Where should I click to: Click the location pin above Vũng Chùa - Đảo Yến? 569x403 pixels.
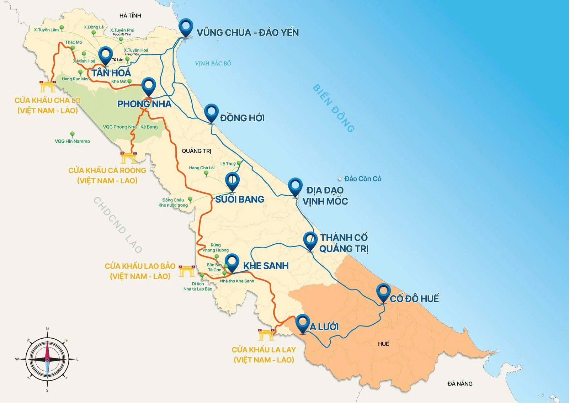(185, 27)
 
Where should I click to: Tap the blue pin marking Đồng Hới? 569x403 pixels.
(211, 112)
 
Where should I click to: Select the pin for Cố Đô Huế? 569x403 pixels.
(383, 292)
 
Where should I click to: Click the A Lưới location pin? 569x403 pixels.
(302, 323)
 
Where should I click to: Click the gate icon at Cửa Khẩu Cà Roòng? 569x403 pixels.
(128, 157)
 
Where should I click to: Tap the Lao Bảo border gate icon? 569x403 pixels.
(187, 271)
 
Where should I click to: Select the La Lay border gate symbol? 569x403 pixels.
(266, 335)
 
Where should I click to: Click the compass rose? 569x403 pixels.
(47, 359)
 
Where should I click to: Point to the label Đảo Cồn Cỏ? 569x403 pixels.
(362, 179)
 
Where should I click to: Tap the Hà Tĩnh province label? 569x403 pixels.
(130, 16)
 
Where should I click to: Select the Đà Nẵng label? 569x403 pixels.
(460, 383)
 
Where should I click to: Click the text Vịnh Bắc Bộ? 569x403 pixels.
(213, 63)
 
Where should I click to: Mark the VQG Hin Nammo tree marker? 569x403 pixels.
(73, 134)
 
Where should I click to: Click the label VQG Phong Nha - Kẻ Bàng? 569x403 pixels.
(130, 127)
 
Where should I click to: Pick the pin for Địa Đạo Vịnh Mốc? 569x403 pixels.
(295, 186)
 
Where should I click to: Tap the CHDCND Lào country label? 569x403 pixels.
(117, 225)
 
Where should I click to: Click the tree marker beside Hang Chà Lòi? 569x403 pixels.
(206, 173)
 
